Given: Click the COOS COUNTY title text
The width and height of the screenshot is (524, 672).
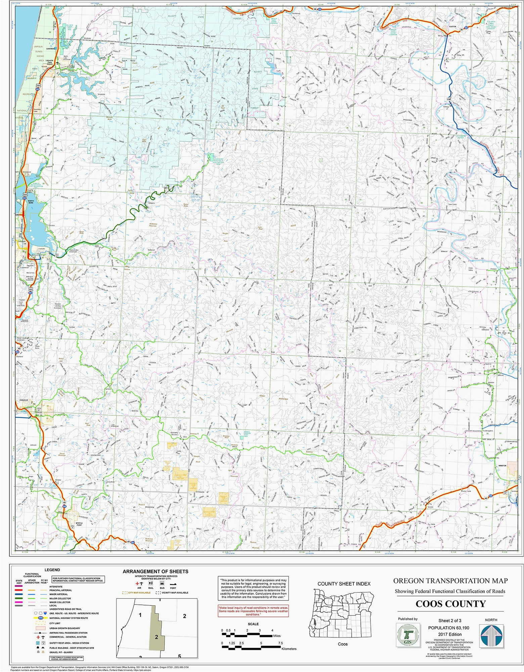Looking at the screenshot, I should [450, 604].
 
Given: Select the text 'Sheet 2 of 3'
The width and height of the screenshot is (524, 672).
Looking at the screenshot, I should [449, 620].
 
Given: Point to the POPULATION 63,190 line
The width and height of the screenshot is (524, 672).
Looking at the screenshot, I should [448, 627].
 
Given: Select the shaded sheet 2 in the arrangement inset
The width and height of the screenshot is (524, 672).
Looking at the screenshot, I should [157, 637].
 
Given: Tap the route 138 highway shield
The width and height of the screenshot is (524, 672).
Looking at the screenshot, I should [448, 99].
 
